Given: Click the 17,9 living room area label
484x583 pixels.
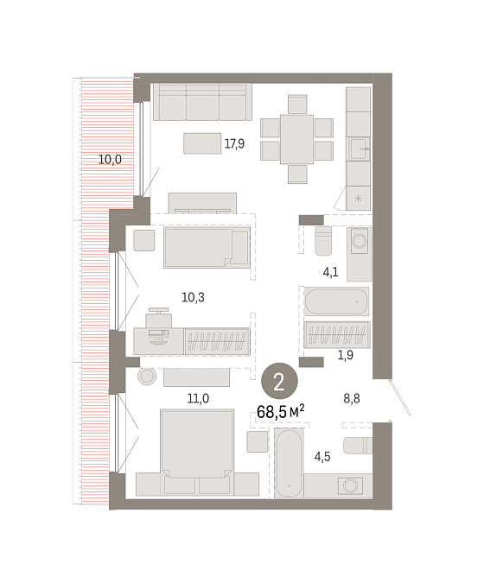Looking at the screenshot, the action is click(234, 143).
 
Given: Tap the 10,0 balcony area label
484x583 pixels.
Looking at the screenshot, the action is click(110, 160).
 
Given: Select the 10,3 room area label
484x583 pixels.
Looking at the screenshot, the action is click(193, 297).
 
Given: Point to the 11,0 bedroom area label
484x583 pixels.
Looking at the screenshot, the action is click(198, 398).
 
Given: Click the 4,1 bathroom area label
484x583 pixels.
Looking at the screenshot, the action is click(330, 272).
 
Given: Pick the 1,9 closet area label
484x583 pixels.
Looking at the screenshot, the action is click(345, 355).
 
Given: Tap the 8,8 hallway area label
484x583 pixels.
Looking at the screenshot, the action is click(352, 398).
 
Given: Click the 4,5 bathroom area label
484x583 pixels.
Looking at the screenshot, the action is click(322, 457).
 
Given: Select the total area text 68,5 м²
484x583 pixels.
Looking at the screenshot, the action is click(281, 412).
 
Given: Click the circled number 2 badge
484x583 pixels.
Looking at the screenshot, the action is click(279, 381).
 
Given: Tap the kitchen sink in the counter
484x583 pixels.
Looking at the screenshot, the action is click(359, 149).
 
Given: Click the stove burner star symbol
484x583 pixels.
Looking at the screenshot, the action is click(358, 198).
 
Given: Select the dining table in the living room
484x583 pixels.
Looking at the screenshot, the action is click(296, 139).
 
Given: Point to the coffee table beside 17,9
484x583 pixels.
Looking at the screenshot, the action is click(202, 143).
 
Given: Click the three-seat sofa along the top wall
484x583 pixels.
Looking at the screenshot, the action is click(203, 102).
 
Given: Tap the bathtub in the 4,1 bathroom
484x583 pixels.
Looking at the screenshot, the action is click(336, 301).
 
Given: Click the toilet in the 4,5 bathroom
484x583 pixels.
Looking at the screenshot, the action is click(358, 446).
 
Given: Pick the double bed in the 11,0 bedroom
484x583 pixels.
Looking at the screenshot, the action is click(197, 443).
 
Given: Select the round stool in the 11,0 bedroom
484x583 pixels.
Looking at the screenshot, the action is click(147, 376).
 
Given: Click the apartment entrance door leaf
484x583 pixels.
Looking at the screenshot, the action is click(399, 398).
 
